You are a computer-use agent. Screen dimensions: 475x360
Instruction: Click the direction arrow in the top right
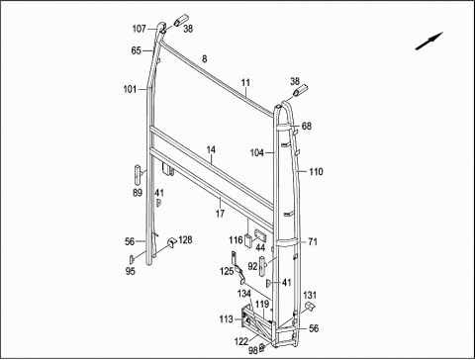click(428, 41)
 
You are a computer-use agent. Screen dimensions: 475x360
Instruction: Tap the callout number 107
click(139, 29)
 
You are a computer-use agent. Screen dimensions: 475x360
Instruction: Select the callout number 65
click(136, 50)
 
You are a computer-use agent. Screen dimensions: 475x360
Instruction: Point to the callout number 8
click(205, 59)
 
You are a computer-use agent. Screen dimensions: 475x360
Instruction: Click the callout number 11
click(245, 82)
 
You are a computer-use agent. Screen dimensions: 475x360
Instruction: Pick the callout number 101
click(130, 89)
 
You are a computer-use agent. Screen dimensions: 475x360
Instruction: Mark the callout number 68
click(307, 126)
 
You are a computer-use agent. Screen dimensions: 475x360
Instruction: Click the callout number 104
click(256, 153)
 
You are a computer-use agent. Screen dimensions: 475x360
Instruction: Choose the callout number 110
click(316, 172)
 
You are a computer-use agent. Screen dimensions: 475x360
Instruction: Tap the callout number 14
click(211, 150)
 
